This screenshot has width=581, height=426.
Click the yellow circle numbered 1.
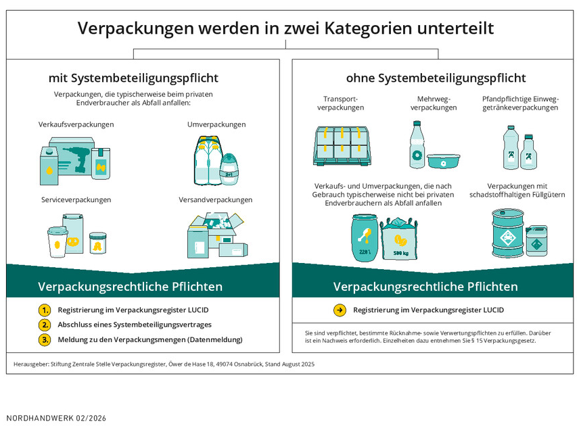pos(45,310)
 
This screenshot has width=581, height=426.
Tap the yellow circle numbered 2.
pos(45,325)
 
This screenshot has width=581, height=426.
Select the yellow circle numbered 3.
pos(45,339)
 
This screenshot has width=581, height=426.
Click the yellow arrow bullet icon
pos(340,310)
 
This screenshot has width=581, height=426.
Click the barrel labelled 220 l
pos(365,237)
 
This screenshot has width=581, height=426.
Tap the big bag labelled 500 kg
pos(400,239)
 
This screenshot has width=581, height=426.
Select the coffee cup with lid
pos(57,242)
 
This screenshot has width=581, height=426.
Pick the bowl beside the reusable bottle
pos(443,161)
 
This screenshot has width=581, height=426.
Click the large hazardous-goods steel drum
pos(508,233)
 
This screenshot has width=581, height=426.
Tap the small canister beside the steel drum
pos(536,241)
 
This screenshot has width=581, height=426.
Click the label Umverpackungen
pos(216,124)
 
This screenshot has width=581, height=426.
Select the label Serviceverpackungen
pos(76,199)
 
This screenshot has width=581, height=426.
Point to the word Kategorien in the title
pos(368,28)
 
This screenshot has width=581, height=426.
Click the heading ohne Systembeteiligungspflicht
pos(436,78)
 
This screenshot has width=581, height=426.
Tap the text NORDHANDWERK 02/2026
pos(56,418)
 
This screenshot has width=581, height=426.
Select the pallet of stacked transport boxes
pos(342,145)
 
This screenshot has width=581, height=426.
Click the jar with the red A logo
pos(98,243)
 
